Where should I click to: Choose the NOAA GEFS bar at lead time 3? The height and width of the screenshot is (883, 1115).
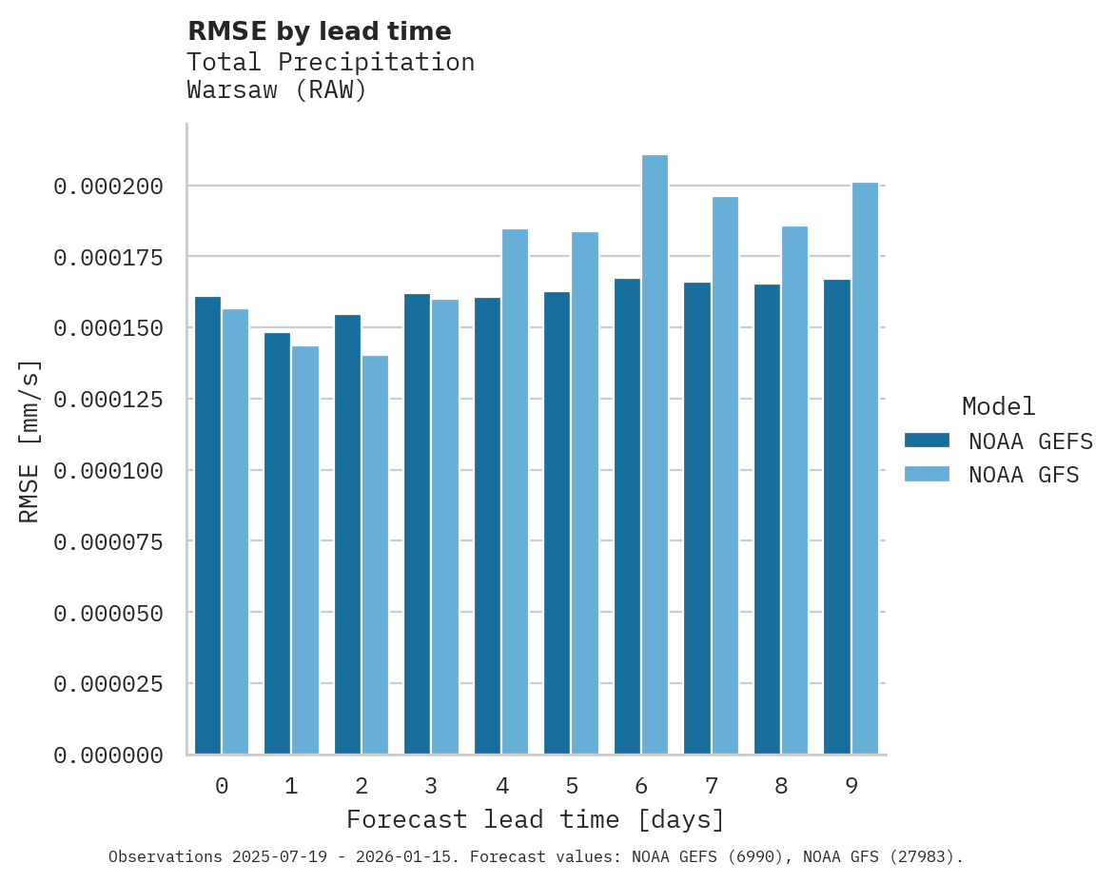tap(417, 524)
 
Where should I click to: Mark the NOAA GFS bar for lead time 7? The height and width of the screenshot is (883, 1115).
tap(725, 476)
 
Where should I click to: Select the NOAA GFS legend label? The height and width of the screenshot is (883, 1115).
tap(1024, 475)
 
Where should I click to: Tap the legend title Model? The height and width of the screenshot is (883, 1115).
tap(998, 407)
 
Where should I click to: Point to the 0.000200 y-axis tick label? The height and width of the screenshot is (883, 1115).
tap(108, 186)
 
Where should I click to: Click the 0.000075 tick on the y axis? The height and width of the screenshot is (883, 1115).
tap(108, 542)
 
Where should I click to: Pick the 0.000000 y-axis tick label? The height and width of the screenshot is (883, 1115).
tap(108, 755)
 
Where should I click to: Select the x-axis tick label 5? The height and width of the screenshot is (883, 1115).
tap(572, 787)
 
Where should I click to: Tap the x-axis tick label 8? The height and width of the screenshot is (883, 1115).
tap(781, 787)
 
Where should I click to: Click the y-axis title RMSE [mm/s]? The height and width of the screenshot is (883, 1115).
tap(29, 441)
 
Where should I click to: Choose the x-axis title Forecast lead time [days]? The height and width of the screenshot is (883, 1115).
tap(536, 820)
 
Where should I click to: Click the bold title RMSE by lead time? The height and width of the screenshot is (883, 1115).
tap(320, 31)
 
